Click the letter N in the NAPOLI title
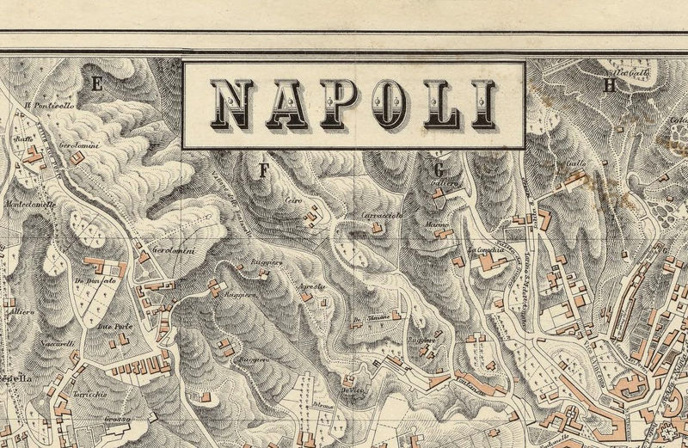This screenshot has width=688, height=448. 230,104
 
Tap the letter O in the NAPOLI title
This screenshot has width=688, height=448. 378,104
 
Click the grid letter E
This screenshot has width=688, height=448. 96,83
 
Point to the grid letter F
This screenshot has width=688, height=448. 264,169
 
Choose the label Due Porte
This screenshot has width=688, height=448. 113,328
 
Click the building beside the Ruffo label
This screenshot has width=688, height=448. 34,156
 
